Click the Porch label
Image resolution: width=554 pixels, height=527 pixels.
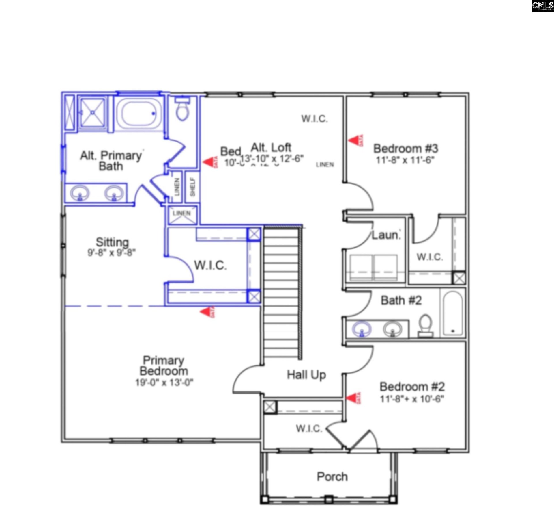point(332,477)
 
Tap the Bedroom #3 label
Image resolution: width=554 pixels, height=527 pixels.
point(406,149)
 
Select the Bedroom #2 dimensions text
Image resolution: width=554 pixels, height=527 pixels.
point(412,399)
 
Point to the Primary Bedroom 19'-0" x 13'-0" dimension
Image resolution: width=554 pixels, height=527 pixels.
point(164,383)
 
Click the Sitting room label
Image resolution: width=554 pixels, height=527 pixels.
point(112,242)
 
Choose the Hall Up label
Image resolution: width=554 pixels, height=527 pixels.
point(306,375)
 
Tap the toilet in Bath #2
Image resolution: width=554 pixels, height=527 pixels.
point(426,326)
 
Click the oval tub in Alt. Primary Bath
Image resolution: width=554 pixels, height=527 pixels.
point(139,114)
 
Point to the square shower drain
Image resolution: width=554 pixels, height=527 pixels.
point(93,112)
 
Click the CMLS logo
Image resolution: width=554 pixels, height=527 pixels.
point(543,6)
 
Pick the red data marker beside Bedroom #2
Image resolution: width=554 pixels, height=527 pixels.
point(353,398)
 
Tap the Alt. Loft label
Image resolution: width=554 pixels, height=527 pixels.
point(271,147)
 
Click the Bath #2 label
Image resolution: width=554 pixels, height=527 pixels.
point(401,300)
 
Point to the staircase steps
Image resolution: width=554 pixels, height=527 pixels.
point(281,292)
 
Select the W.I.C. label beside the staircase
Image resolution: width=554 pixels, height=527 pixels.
point(210,265)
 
